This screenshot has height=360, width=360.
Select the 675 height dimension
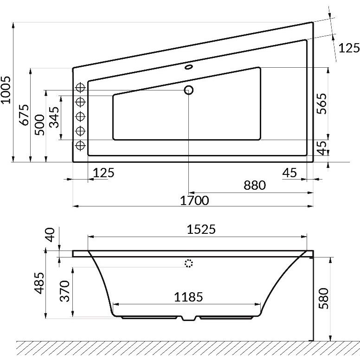[24, 115]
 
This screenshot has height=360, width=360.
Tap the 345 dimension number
[54, 117]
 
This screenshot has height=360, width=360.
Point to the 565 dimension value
[321, 103]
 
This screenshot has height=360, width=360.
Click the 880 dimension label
[255, 185]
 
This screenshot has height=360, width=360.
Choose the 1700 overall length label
[194, 201]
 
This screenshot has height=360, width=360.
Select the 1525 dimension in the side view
[201, 229]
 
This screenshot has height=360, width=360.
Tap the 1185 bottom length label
[188, 297]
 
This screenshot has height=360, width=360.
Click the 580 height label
[324, 298]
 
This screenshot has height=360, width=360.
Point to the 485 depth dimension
[39, 283]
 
